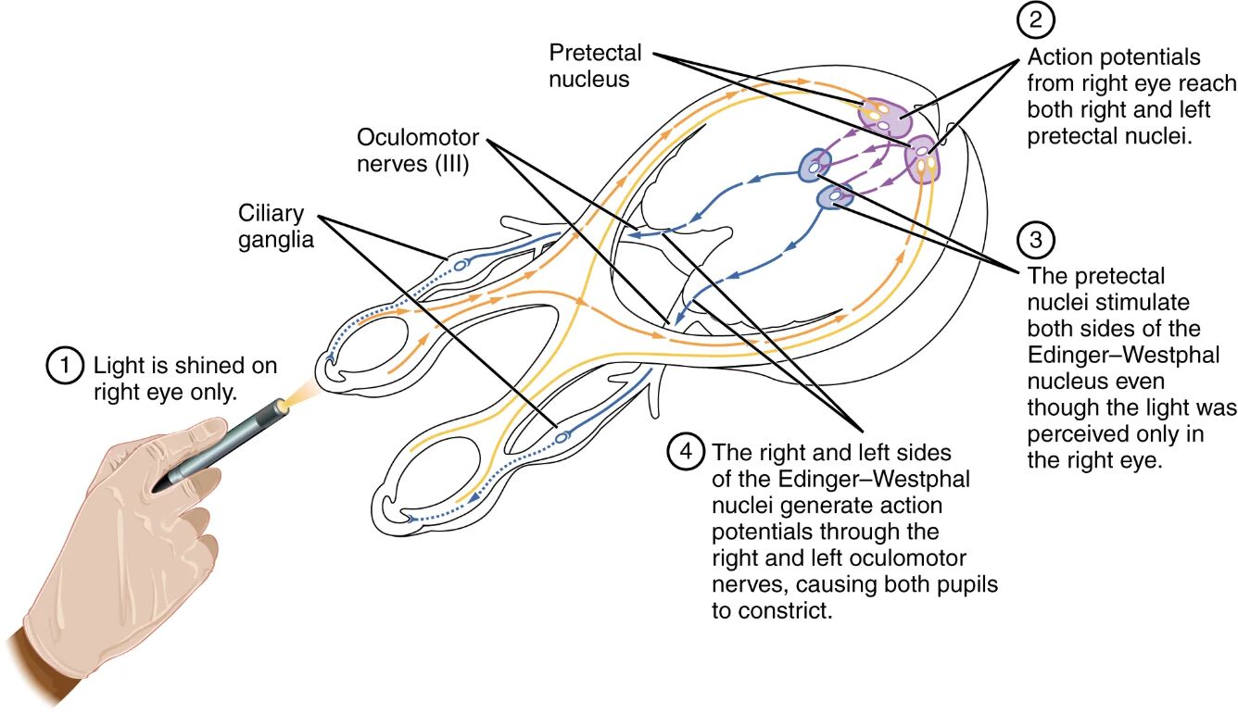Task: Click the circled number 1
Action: coord(61,365)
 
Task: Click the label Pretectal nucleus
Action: coord(594,66)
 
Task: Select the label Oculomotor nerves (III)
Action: coord(418,151)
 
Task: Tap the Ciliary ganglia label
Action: coord(275,226)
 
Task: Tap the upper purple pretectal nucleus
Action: coord(883,117)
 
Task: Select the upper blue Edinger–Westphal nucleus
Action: coord(814,167)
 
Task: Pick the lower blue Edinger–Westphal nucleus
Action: coord(836,196)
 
